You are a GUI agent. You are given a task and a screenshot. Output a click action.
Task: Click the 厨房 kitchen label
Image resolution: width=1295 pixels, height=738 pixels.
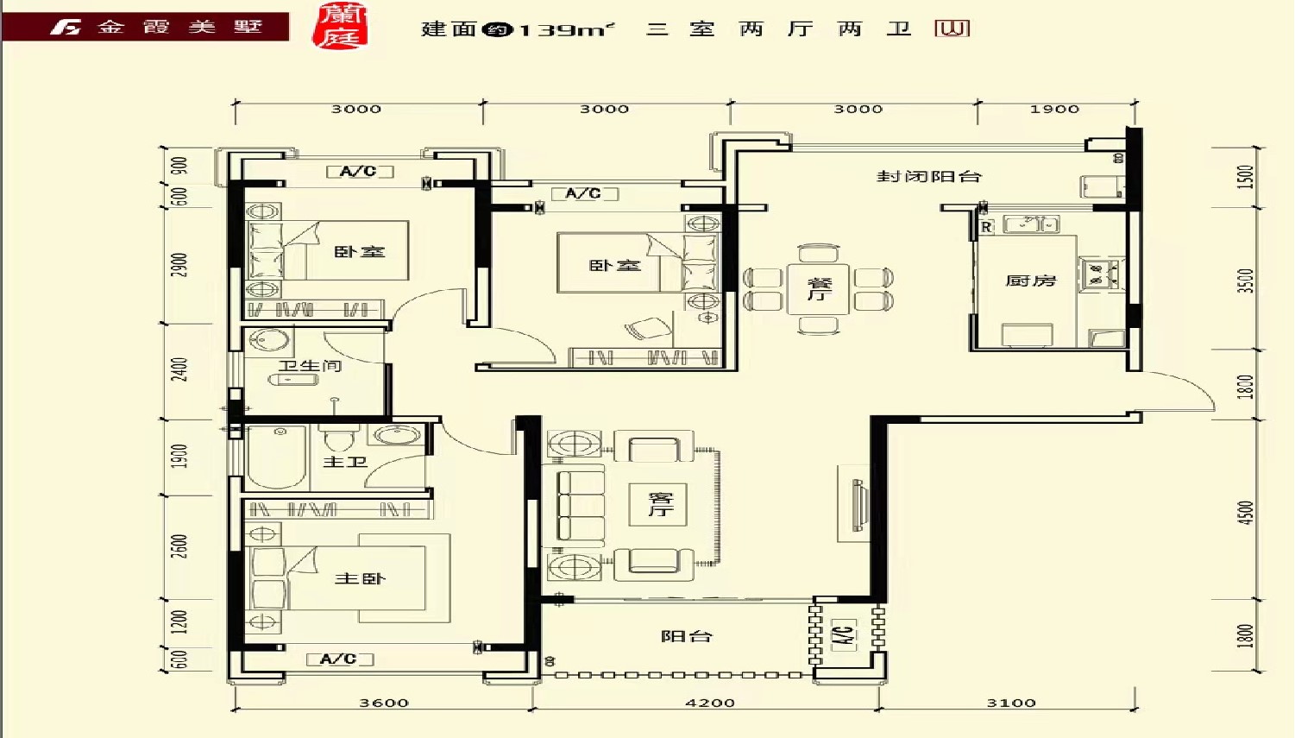coord(1031,281)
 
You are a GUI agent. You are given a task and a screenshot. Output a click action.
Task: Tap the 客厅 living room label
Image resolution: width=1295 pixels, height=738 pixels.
coord(660,504)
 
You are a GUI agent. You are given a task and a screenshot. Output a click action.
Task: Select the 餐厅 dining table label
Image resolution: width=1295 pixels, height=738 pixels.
coord(819,288)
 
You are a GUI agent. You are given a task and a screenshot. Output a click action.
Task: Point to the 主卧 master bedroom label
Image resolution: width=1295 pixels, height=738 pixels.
coord(360,578)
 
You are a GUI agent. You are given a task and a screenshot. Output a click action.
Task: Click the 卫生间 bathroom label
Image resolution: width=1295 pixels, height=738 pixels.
coord(310,366)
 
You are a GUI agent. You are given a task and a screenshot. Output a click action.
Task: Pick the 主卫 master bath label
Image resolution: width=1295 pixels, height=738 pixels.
coord(345,462)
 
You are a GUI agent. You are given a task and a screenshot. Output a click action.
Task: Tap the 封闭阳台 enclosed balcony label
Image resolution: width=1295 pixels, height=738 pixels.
coord(928,176)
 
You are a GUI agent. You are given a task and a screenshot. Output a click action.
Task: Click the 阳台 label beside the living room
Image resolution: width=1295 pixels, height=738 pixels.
coord(687,636)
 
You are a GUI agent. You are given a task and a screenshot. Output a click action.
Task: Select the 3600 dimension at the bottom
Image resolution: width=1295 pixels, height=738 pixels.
coord(384,703)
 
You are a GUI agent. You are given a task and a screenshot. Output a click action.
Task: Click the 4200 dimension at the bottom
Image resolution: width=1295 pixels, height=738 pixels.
coord(710,703)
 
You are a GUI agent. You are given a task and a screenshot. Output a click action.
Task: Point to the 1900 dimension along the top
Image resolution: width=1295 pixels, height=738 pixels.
coord(1054,109)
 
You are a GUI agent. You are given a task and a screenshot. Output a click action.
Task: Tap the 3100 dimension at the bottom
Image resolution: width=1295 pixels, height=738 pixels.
coord(1011,703)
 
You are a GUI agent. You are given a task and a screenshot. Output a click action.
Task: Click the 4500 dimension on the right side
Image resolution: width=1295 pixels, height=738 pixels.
coord(1245,511)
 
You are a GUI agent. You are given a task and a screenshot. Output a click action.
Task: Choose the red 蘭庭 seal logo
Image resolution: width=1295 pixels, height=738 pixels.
coord(341,26)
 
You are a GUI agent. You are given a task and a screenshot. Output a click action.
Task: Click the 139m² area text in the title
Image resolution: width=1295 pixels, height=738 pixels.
coord(566,29)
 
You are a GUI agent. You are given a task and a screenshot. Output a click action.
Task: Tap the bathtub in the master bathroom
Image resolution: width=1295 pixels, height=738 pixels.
coord(277,457)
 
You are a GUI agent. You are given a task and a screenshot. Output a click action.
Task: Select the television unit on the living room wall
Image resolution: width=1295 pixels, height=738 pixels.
coord(858,505)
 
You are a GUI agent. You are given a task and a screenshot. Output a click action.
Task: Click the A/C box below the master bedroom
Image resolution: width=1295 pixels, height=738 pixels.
coord(339,659)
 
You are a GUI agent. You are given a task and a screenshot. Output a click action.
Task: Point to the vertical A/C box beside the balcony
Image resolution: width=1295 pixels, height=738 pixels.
coord(844,636)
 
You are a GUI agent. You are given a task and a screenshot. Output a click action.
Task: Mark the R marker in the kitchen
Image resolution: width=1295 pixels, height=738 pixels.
coord(986,227)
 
